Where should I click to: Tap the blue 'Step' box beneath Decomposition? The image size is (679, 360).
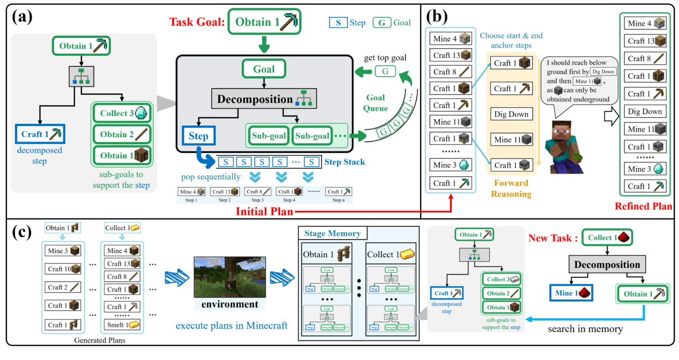[x=198, y=136]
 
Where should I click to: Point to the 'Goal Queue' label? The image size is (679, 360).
[x=375, y=102]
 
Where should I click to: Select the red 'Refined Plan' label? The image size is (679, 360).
[x=644, y=206]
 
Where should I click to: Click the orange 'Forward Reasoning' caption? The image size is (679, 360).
[x=511, y=188]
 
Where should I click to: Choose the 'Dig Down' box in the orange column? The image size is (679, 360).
[x=511, y=114]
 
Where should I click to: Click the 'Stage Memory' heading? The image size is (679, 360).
[x=332, y=233]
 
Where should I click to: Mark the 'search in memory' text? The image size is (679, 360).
[x=585, y=329]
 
